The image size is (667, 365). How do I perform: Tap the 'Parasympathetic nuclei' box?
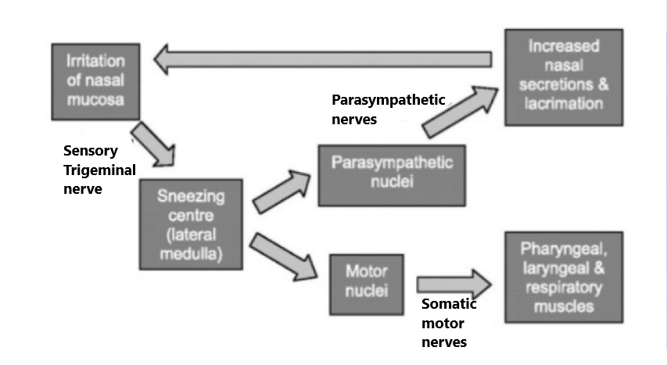(x=392, y=176)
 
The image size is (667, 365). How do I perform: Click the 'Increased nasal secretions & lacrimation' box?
(x=563, y=77)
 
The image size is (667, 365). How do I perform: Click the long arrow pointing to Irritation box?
(x=325, y=59)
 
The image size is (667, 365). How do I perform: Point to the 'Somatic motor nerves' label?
(x=449, y=323)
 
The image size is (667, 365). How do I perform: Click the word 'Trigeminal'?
(x=99, y=170)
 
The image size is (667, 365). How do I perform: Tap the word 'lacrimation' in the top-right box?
(x=564, y=104)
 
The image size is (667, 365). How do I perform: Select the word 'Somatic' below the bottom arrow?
(x=449, y=304)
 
